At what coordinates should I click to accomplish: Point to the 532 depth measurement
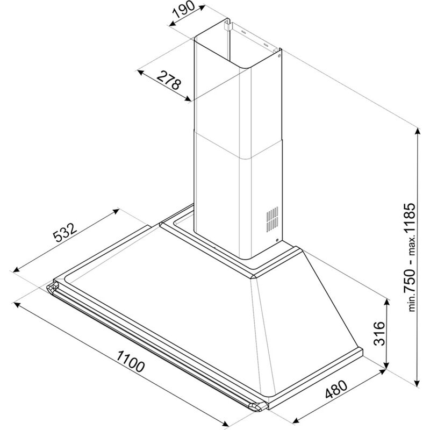click(66, 234)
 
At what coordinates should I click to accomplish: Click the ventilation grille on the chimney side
click(272, 218)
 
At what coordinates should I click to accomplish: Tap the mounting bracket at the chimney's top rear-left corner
click(228, 25)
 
